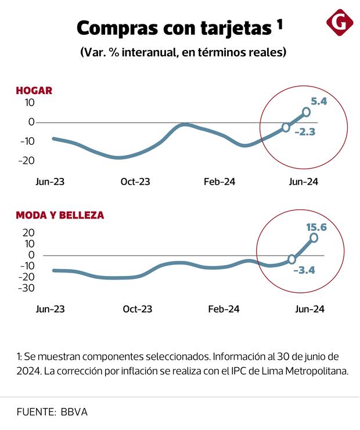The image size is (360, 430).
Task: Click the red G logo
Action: coord(340,23)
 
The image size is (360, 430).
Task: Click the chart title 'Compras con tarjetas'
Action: coord(174,27)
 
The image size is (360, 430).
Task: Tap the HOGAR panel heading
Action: coord(34,90)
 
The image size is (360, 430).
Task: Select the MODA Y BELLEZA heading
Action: coord(60,215)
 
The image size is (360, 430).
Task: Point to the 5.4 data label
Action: coord(319,101)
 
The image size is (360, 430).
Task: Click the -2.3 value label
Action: coord(304,132)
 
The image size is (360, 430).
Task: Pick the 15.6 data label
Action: coord(316,227)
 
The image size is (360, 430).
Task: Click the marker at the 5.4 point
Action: coord(306,113)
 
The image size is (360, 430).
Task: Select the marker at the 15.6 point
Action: coord(314,237)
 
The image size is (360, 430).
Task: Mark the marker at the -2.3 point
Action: coord(286,127)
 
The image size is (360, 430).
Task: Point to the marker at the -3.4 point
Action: coord(291,259)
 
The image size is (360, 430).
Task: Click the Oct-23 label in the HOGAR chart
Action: coord(135,181)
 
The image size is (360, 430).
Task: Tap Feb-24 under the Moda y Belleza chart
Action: coord(224,309)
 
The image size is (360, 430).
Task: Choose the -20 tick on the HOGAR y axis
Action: coord(26,160)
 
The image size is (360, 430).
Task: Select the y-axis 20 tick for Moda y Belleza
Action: coord(28,232)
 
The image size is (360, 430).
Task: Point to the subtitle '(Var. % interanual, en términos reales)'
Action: coord(183,52)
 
